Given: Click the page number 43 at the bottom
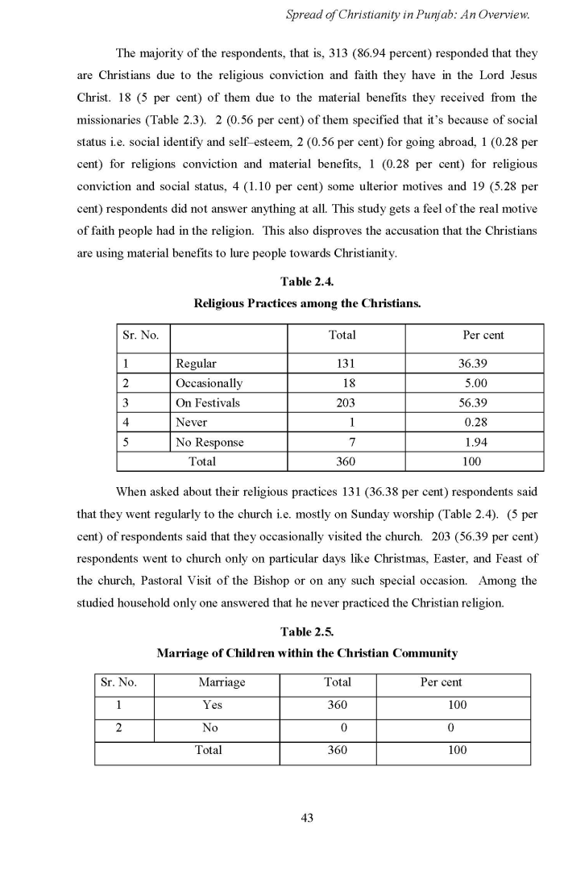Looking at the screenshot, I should pos(306,818).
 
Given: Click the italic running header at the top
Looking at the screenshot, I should pos(408,15).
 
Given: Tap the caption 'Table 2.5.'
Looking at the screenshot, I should pos(306,631).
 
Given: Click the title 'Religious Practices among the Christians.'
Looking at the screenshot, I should pos(306,304).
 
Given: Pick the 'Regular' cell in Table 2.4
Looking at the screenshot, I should pos(196,364).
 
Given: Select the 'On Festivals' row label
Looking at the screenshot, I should pos(207,402).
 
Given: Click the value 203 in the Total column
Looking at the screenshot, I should pos(345,402).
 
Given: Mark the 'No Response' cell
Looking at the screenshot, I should pos(209,442).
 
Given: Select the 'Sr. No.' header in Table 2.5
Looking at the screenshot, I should pos(118,682).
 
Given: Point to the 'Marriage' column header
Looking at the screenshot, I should pos(222,682).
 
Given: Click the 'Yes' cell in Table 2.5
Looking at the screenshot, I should pos(213,705).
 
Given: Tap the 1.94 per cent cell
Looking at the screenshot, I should pos(475,442).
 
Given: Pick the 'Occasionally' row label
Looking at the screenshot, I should pos(209,383).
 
